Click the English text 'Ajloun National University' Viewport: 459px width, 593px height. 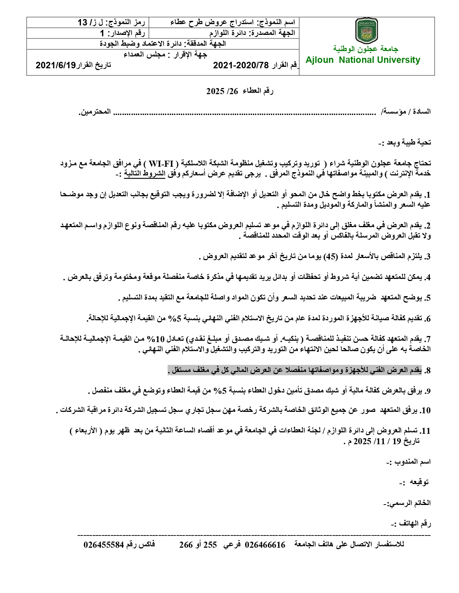click(363, 60)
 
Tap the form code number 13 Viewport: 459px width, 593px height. click(83, 23)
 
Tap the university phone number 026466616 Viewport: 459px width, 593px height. click(265, 545)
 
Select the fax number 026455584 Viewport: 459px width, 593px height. click(104, 545)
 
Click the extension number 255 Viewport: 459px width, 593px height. click(210, 545)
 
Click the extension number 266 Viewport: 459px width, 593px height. click(186, 545)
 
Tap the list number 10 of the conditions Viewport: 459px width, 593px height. click(426, 410)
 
